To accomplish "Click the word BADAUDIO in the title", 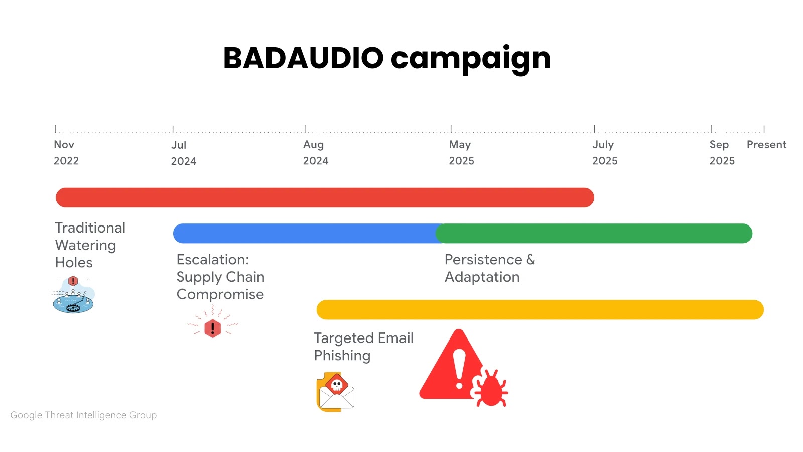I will click(x=303, y=58).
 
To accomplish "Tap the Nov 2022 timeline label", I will click(x=66, y=152).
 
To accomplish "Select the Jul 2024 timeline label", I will click(x=183, y=153).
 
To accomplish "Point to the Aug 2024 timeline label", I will click(x=315, y=152).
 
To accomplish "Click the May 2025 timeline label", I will click(x=461, y=152).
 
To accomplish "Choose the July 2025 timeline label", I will click(x=604, y=152).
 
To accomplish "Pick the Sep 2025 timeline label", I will click(x=722, y=152).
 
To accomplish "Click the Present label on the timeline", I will click(x=766, y=145).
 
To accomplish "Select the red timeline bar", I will click(x=325, y=197).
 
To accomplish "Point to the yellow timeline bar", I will click(x=540, y=310).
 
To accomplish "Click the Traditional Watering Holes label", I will click(x=90, y=245).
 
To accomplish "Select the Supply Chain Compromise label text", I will click(x=220, y=277).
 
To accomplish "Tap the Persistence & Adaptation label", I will click(x=489, y=268).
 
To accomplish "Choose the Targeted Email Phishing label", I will click(x=363, y=347).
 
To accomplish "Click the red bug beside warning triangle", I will click(x=489, y=388).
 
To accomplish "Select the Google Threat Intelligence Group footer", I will click(x=83, y=415).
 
